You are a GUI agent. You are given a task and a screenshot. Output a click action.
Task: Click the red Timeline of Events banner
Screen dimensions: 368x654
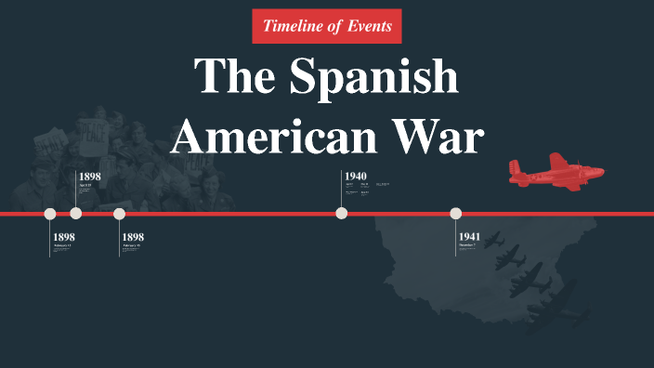coord(327,26)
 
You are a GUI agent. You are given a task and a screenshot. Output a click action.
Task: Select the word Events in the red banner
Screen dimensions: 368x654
coord(369,26)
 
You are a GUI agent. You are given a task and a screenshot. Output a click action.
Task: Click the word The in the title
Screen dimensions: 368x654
coord(231,77)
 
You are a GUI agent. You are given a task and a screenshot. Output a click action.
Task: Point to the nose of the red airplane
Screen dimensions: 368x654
coord(599,172)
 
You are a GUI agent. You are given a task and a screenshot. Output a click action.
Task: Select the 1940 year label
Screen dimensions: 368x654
coord(356,176)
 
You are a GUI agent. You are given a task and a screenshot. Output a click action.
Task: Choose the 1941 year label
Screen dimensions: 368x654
coord(469,237)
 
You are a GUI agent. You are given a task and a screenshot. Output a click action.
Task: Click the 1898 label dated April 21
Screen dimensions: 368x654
coord(90,176)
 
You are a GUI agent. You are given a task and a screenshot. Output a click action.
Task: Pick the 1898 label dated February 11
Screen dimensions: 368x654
coord(64,237)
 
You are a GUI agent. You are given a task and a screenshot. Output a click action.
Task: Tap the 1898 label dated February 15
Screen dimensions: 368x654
coord(133,237)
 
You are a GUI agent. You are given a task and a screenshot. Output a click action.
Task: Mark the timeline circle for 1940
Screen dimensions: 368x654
coord(342,214)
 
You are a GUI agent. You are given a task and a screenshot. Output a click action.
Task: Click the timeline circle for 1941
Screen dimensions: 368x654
coord(456,214)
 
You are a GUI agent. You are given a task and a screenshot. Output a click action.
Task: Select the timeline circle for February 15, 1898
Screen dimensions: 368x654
coord(119,214)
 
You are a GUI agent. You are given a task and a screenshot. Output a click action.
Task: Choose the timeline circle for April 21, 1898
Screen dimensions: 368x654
coord(76,214)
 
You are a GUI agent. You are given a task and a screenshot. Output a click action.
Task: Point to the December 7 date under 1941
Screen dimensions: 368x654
coord(467,245)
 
